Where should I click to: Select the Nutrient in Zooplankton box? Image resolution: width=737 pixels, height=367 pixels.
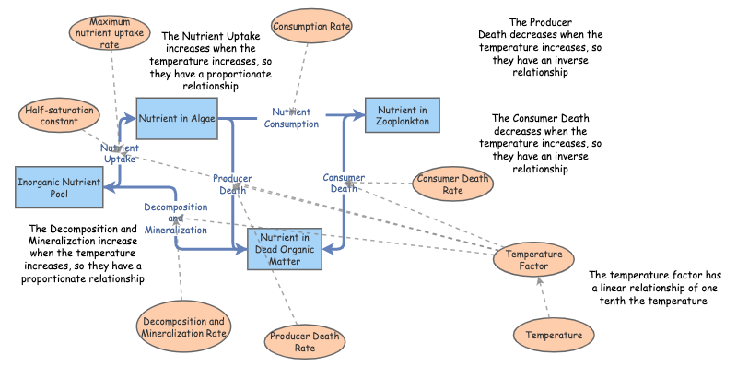pos(402,118)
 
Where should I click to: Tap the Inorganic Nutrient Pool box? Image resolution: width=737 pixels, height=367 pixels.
pos(57,189)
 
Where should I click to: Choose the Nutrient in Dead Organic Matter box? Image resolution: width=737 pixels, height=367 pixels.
pos(286,249)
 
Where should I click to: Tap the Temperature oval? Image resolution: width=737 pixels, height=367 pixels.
pos(553,336)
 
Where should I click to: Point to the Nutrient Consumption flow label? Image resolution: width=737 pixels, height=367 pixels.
pos(291,118)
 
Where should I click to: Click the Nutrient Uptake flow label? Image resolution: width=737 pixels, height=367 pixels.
pos(119,153)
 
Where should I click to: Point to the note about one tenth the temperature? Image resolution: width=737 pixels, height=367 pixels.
pos(661,288)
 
